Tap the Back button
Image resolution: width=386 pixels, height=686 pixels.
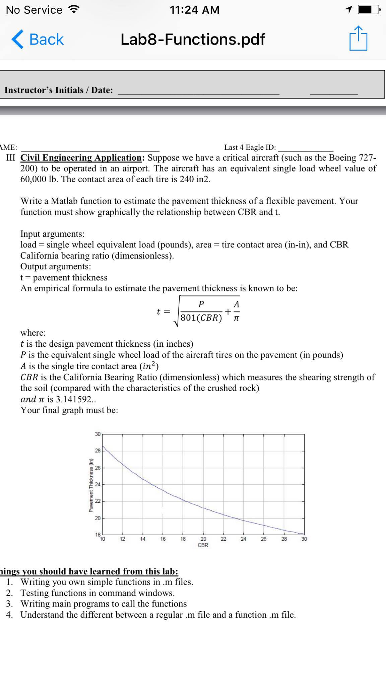(x=38, y=40)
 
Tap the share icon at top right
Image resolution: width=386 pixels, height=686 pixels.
(x=358, y=39)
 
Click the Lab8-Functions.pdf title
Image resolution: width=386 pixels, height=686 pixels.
(x=193, y=40)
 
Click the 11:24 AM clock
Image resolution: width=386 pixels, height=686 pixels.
(x=194, y=10)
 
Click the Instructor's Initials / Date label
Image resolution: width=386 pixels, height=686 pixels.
(x=59, y=90)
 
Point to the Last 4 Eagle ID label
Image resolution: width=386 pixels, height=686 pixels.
(x=250, y=147)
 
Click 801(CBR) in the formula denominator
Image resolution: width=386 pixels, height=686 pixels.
(x=201, y=318)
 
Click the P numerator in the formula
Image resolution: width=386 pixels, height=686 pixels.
(x=201, y=304)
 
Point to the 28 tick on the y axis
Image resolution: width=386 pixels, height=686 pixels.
(x=98, y=451)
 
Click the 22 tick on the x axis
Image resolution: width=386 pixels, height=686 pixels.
(x=223, y=539)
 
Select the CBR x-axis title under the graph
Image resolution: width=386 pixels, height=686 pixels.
(x=203, y=545)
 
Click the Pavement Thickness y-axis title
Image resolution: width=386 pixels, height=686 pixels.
(x=91, y=485)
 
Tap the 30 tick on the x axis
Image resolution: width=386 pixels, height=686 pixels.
(x=304, y=539)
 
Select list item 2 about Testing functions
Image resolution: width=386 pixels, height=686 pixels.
(x=97, y=593)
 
